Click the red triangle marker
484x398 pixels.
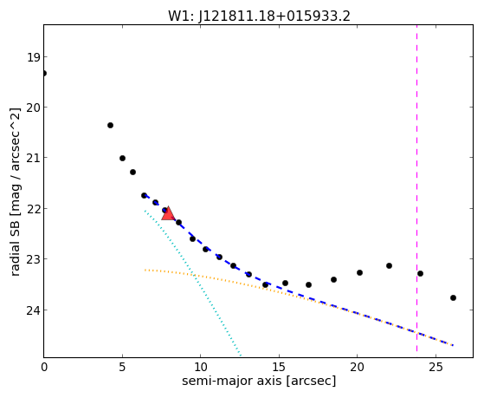coord(168,213)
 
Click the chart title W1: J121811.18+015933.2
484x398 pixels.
coord(259,16)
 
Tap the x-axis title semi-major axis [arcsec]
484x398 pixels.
coord(259,381)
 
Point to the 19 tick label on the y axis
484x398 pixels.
coord(33,57)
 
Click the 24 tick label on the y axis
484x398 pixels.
coord(33,310)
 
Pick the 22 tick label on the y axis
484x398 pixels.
coord(33,209)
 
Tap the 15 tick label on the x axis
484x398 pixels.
coord(279,367)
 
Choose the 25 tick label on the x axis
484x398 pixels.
coord(436,367)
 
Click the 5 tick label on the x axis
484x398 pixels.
coord(122,367)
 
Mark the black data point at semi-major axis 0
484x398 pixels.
coord(44,74)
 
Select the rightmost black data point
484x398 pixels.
coord(453,297)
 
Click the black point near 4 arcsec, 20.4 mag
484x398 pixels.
coord(110,125)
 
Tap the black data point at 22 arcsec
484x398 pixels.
coord(389,265)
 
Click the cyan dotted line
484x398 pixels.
coord(192,283)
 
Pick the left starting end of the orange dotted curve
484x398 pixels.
coord(145,270)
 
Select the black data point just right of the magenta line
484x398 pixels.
coord(420,273)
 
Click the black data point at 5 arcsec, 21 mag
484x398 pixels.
coord(122,159)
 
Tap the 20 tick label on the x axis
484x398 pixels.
coord(357,367)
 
